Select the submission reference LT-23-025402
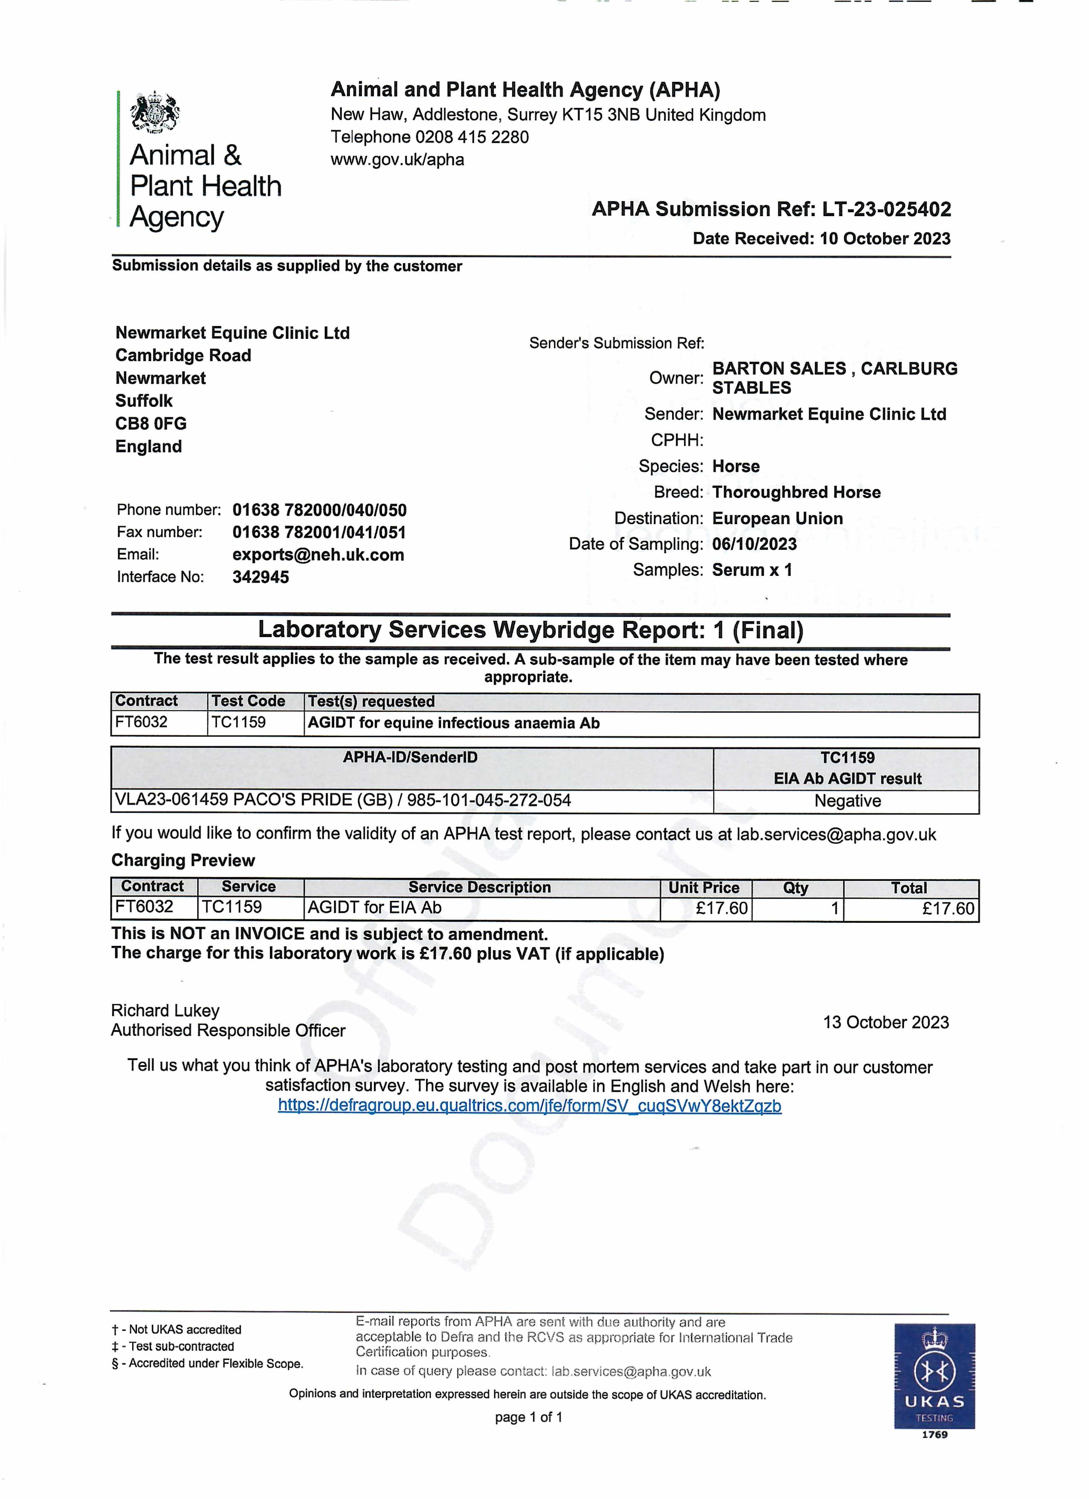(x=886, y=210)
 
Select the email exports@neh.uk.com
(x=318, y=555)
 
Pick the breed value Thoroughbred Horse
(x=796, y=492)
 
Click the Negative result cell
(x=847, y=801)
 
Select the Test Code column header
(x=248, y=701)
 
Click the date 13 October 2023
(x=885, y=1022)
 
